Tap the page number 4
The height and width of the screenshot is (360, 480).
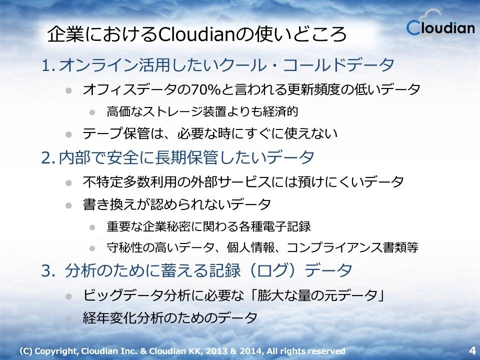point(472,350)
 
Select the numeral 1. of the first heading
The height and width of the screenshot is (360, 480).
point(48,65)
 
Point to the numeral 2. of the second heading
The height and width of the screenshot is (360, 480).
point(48,157)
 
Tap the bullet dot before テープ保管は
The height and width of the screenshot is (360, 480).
point(68,134)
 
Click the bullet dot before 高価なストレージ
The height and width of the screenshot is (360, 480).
point(92,112)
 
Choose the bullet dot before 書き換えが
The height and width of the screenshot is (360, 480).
point(68,205)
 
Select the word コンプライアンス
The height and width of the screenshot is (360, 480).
point(334,247)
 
